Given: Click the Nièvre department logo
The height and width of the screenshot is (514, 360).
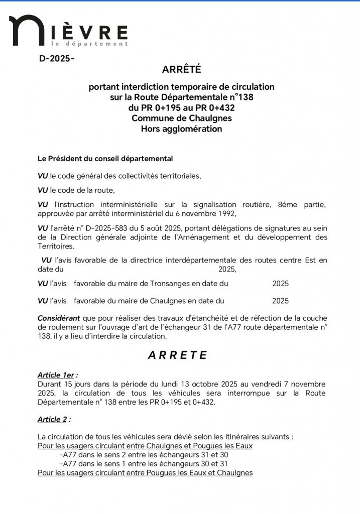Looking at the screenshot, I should point(68,32).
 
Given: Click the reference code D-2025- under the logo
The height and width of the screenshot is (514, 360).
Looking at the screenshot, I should point(57,59).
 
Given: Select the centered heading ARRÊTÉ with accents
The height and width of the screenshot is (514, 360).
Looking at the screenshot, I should point(181,69).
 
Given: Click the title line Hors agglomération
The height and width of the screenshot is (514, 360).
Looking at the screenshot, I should point(181,128).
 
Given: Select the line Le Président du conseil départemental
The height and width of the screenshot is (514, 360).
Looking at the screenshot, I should point(105,159).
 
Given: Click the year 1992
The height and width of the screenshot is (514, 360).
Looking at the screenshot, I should point(241,213).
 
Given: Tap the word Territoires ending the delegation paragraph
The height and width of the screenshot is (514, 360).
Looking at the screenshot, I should point(56,246).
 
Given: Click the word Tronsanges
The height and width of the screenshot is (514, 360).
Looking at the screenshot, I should point(170,284).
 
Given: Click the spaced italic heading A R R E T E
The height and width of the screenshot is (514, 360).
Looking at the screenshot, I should point(177,355).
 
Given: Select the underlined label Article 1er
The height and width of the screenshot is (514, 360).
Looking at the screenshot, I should point(57,375).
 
